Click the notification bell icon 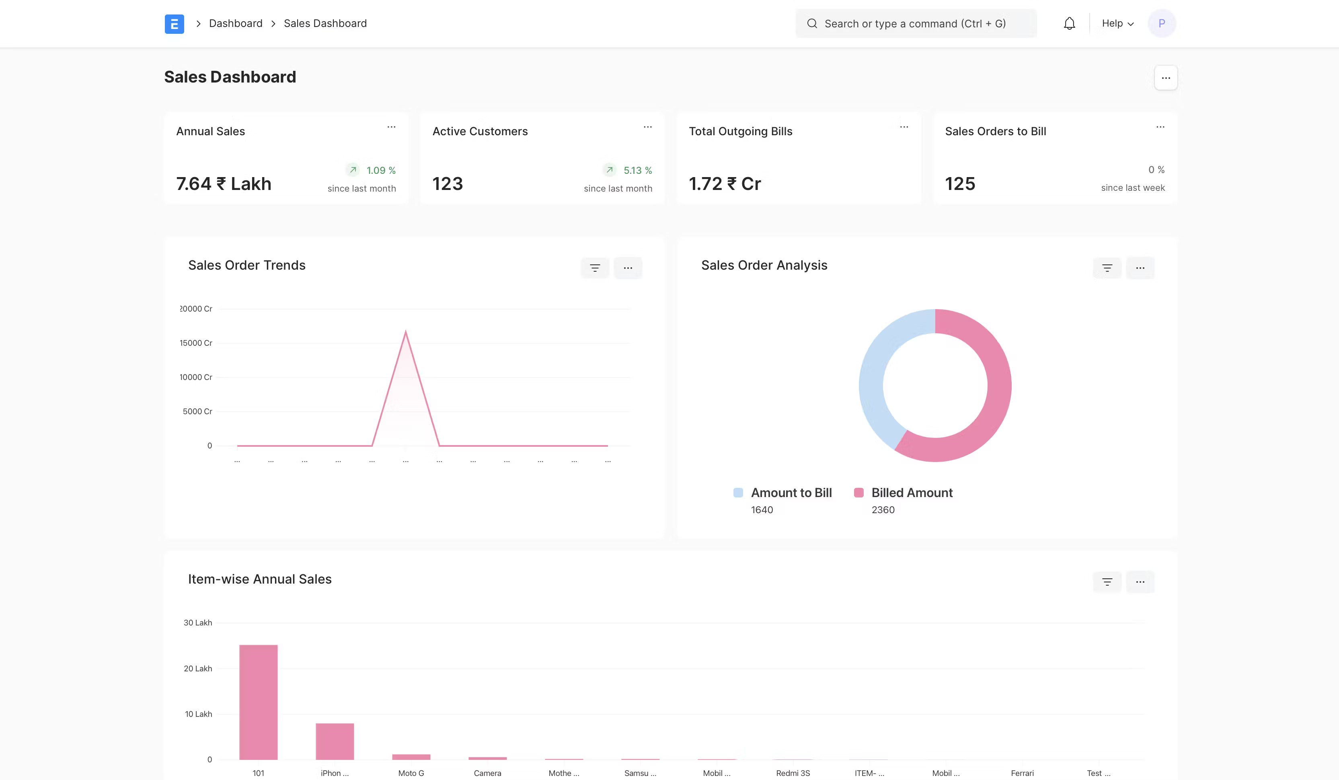1069,23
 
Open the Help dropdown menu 1117,23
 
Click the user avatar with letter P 1162,23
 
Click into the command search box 915,23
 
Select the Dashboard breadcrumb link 235,23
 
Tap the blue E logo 174,24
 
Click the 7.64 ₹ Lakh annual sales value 224,184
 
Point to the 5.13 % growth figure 637,170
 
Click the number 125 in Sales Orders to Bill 959,184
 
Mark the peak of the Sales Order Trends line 405,332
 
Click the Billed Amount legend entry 911,493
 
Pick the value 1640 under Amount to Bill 762,510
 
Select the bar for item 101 258,702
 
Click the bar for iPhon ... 335,741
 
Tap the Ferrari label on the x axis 1022,773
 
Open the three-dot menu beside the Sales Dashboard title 1165,78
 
